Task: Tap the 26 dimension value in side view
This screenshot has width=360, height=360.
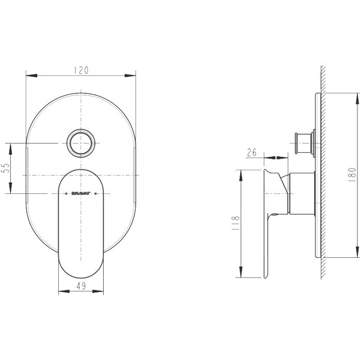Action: pyautogui.click(x=252, y=152)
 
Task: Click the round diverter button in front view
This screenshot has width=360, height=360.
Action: pyautogui.click(x=81, y=143)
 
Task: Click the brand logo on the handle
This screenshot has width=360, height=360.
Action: pyautogui.click(x=81, y=194)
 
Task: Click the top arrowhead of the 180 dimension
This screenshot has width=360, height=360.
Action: pyautogui.click(x=356, y=99)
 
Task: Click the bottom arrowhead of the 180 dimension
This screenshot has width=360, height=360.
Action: pyautogui.click(x=356, y=251)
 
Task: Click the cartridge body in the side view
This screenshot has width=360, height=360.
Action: pyautogui.click(x=303, y=193)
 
